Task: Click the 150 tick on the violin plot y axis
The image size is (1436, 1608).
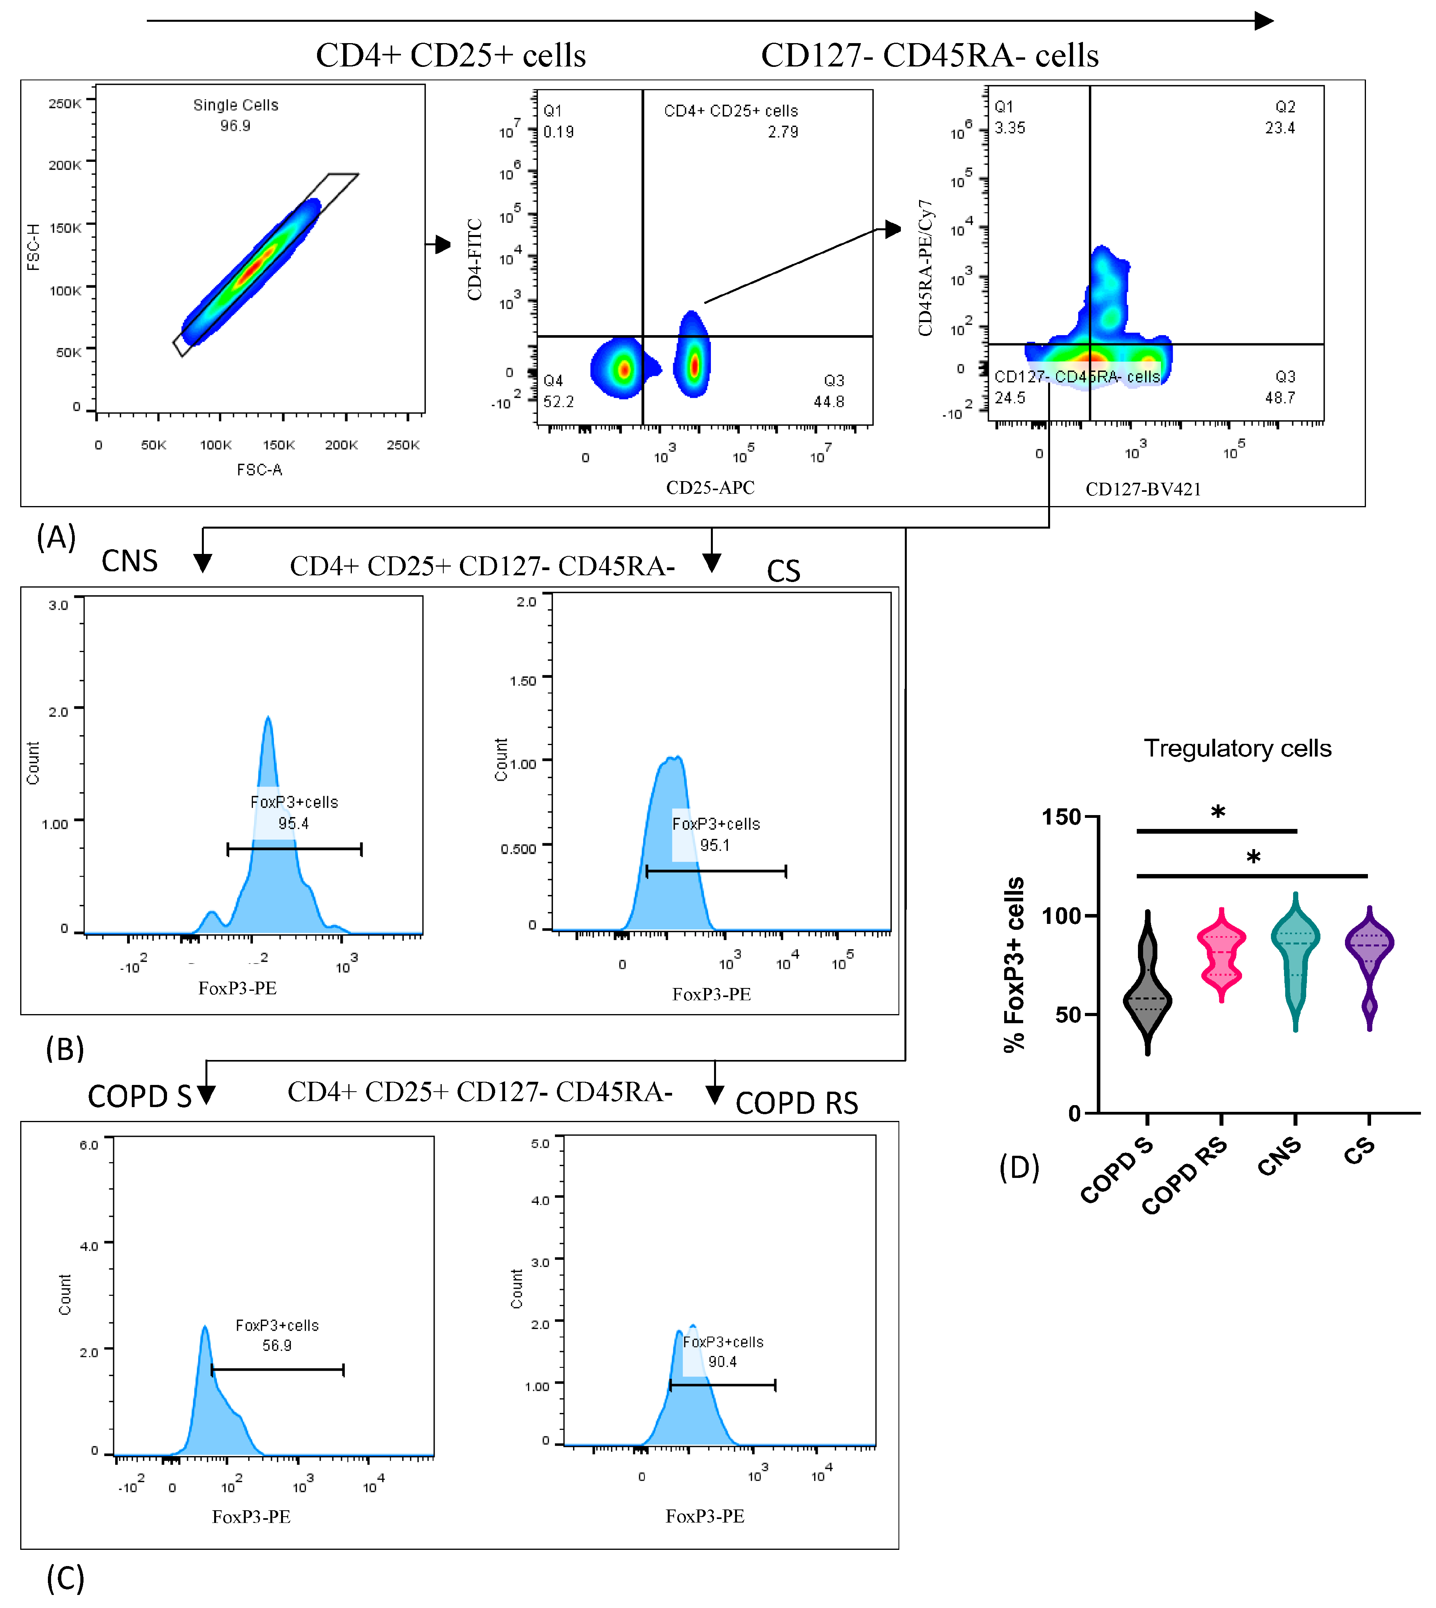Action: [x=1061, y=817]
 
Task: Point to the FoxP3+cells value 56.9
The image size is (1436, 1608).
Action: [x=277, y=1345]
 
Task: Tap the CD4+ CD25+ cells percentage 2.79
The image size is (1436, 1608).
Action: [x=783, y=132]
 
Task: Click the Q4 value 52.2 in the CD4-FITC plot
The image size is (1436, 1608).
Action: [x=558, y=402]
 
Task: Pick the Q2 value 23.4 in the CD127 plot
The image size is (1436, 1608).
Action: [x=1280, y=128]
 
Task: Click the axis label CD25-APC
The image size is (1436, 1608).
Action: [x=710, y=487]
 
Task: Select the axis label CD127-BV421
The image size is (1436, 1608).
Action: [x=1142, y=489]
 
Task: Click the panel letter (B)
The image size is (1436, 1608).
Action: [x=65, y=1049]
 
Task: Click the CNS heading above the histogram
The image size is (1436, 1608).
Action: [x=129, y=561]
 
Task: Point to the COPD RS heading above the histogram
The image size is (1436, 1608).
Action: [x=796, y=1102]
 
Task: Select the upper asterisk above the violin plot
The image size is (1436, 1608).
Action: [x=1218, y=812]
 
